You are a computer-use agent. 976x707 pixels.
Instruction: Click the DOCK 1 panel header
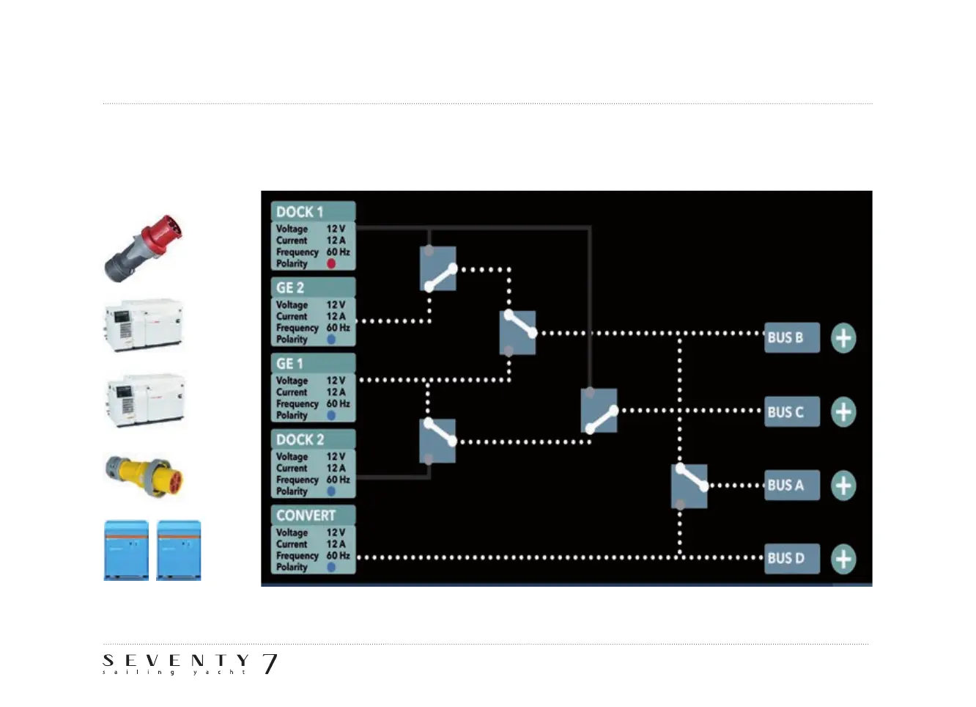[x=313, y=212]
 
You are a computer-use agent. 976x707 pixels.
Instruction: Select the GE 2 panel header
[x=313, y=287]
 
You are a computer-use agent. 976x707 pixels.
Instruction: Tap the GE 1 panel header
[x=313, y=364]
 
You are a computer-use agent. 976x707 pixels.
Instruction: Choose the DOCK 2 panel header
[x=313, y=439]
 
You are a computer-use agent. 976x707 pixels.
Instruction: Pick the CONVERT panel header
[x=313, y=516]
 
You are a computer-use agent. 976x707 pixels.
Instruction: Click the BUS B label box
[x=791, y=338]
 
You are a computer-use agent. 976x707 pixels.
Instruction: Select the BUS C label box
[x=791, y=412]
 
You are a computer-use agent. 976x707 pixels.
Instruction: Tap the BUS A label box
[x=791, y=486]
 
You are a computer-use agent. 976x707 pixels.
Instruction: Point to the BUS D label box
[x=791, y=559]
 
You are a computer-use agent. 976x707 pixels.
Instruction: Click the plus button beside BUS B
[x=843, y=338]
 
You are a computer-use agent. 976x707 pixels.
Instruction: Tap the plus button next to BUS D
[x=843, y=559]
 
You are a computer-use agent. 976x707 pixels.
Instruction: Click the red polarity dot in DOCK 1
[x=331, y=263]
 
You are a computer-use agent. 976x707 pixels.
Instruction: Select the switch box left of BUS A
[x=690, y=486]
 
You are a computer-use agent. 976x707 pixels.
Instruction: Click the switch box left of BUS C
[x=599, y=411]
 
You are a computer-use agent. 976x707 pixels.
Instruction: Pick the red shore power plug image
[x=145, y=248]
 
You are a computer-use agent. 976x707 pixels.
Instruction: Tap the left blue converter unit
[x=126, y=550]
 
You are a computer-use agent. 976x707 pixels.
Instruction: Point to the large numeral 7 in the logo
[x=270, y=664]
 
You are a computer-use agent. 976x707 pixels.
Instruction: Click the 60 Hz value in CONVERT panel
[x=338, y=556]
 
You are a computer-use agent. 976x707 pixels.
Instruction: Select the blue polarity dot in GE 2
[x=331, y=340]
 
